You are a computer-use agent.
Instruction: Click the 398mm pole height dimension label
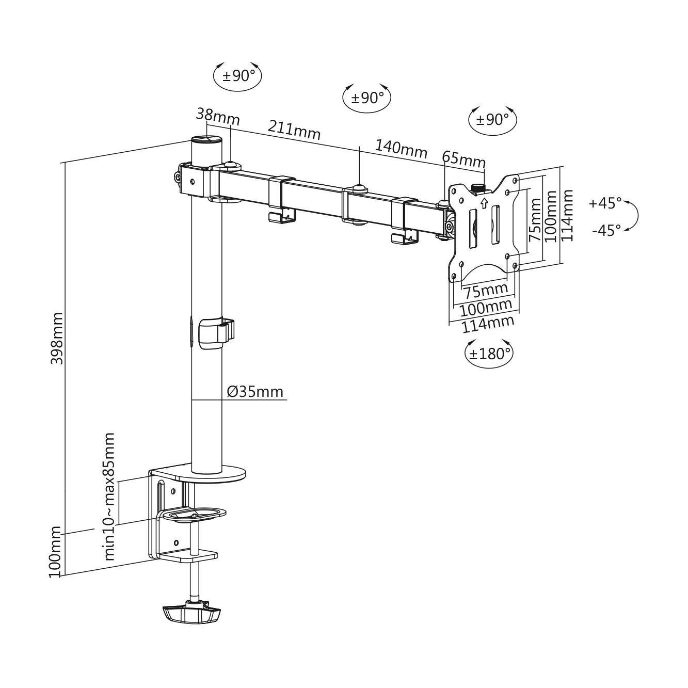57,338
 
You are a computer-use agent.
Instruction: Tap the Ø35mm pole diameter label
255,392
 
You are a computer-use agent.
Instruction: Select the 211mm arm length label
294,130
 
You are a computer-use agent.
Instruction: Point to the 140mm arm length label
401,149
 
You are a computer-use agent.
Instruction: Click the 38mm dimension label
218,117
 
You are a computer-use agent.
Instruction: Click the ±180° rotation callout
489,354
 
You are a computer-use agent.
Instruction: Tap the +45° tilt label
605,203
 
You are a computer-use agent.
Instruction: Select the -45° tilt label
606,230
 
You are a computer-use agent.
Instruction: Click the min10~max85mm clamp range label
109,496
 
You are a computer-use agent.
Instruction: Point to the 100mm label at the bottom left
56,551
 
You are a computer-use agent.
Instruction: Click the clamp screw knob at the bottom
191,613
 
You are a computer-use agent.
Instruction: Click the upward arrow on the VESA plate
484,203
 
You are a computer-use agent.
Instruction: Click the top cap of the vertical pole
206,140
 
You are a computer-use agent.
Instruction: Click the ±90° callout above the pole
238,76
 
